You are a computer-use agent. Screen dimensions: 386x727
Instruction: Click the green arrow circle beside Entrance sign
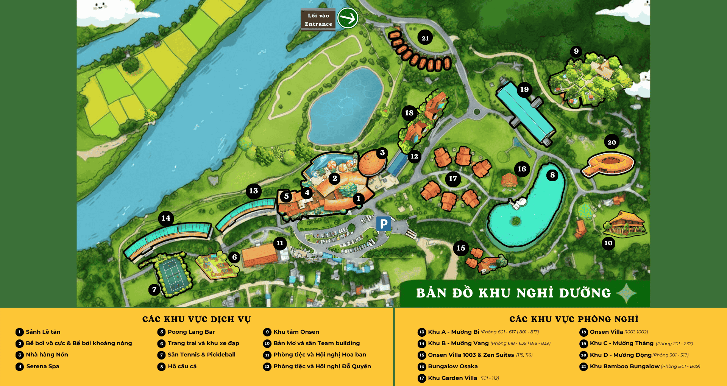click(348, 18)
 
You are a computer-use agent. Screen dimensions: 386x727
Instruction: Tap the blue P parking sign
click(384, 224)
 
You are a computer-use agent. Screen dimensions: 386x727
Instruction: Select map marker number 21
click(425, 38)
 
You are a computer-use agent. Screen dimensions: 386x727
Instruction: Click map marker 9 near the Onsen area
click(576, 51)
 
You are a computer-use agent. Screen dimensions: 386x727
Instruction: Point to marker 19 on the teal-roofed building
click(524, 90)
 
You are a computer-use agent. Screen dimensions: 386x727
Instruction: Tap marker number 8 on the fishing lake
click(552, 175)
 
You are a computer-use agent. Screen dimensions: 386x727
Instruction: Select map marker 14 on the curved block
click(165, 218)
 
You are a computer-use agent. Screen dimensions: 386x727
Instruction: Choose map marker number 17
click(453, 179)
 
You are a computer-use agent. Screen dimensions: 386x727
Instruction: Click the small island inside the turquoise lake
click(515, 220)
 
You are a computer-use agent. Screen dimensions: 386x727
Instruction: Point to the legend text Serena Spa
click(43, 366)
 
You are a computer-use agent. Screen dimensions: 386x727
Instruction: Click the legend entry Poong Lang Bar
click(191, 332)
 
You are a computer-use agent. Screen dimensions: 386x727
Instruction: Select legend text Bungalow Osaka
click(453, 366)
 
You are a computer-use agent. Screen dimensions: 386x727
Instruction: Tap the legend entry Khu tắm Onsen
click(296, 332)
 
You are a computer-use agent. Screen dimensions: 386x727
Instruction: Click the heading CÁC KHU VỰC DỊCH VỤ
click(197, 319)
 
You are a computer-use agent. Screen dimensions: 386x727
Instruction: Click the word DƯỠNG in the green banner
click(585, 293)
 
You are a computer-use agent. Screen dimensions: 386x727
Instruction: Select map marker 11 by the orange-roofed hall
click(280, 243)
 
